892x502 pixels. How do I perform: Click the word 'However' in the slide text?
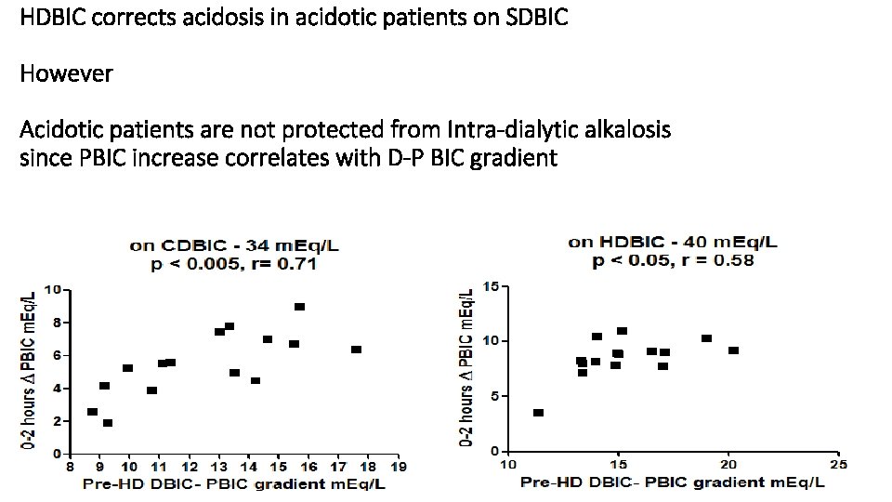(x=66, y=73)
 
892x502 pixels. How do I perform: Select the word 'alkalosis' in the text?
(x=622, y=128)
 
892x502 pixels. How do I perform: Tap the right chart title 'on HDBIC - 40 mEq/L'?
(x=674, y=243)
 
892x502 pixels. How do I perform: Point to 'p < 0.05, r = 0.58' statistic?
(x=674, y=260)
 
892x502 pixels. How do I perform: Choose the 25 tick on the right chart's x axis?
(x=839, y=464)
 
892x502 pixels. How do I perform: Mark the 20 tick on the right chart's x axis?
(x=728, y=464)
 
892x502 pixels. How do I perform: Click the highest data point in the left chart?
(x=299, y=307)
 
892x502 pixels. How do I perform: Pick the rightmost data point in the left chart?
(x=356, y=350)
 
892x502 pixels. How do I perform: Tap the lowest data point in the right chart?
(x=538, y=413)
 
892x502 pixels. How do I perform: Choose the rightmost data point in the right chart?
(x=733, y=350)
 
